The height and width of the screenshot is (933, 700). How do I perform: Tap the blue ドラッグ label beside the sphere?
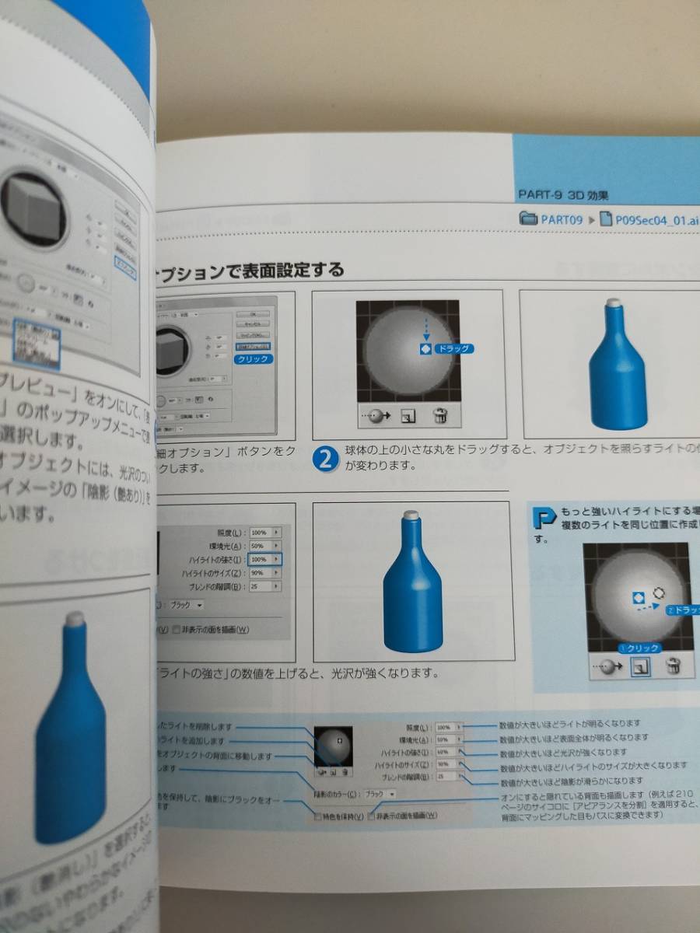tap(453, 349)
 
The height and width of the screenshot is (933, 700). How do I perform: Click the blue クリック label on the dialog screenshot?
tap(253, 359)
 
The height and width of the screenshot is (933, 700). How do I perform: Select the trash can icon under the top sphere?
tap(440, 416)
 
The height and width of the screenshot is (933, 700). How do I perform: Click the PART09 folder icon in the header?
tap(529, 219)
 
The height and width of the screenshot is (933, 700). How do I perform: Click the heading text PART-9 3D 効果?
tap(564, 194)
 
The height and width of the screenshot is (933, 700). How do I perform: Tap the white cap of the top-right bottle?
tap(612, 304)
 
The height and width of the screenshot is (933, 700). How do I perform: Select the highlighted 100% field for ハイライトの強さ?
tap(265, 559)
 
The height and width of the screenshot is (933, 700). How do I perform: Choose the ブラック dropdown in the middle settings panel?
tap(189, 604)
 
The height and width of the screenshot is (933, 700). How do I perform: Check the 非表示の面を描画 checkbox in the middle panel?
tap(177, 629)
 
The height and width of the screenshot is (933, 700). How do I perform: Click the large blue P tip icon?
tap(547, 517)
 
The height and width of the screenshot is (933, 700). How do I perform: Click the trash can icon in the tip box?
tap(674, 666)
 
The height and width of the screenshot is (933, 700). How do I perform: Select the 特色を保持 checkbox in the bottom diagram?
tap(317, 816)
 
